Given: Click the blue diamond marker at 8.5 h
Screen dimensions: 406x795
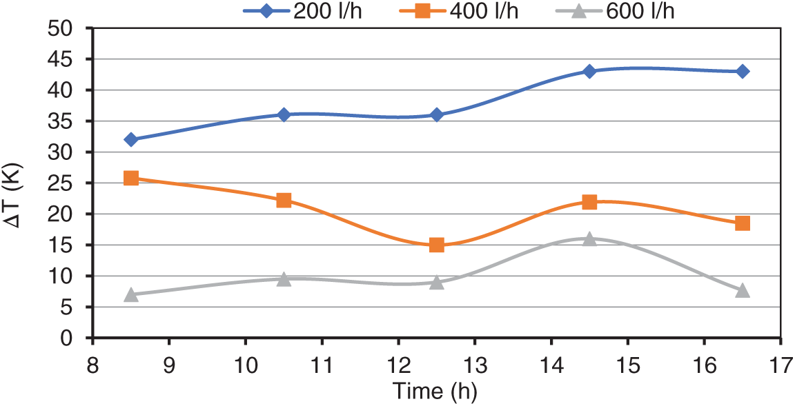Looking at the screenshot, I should [131, 140].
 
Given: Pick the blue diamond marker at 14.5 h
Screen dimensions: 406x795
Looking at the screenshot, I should [589, 71].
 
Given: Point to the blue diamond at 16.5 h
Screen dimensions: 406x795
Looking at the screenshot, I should [743, 71].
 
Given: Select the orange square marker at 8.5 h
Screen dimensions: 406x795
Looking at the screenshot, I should [131, 178].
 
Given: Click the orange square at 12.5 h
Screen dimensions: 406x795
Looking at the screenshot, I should [437, 245].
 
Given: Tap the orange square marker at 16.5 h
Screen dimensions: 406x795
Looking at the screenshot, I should [743, 223].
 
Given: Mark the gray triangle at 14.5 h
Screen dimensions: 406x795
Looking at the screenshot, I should [589, 238].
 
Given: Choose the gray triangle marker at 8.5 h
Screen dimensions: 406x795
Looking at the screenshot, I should [131, 294].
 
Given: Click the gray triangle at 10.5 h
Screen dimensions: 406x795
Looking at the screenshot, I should [284, 279].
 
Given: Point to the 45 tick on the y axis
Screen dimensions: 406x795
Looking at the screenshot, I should [68, 59].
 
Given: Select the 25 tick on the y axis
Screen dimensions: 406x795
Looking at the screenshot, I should [68, 183].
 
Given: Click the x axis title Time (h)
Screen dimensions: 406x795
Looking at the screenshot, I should [435, 391].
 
